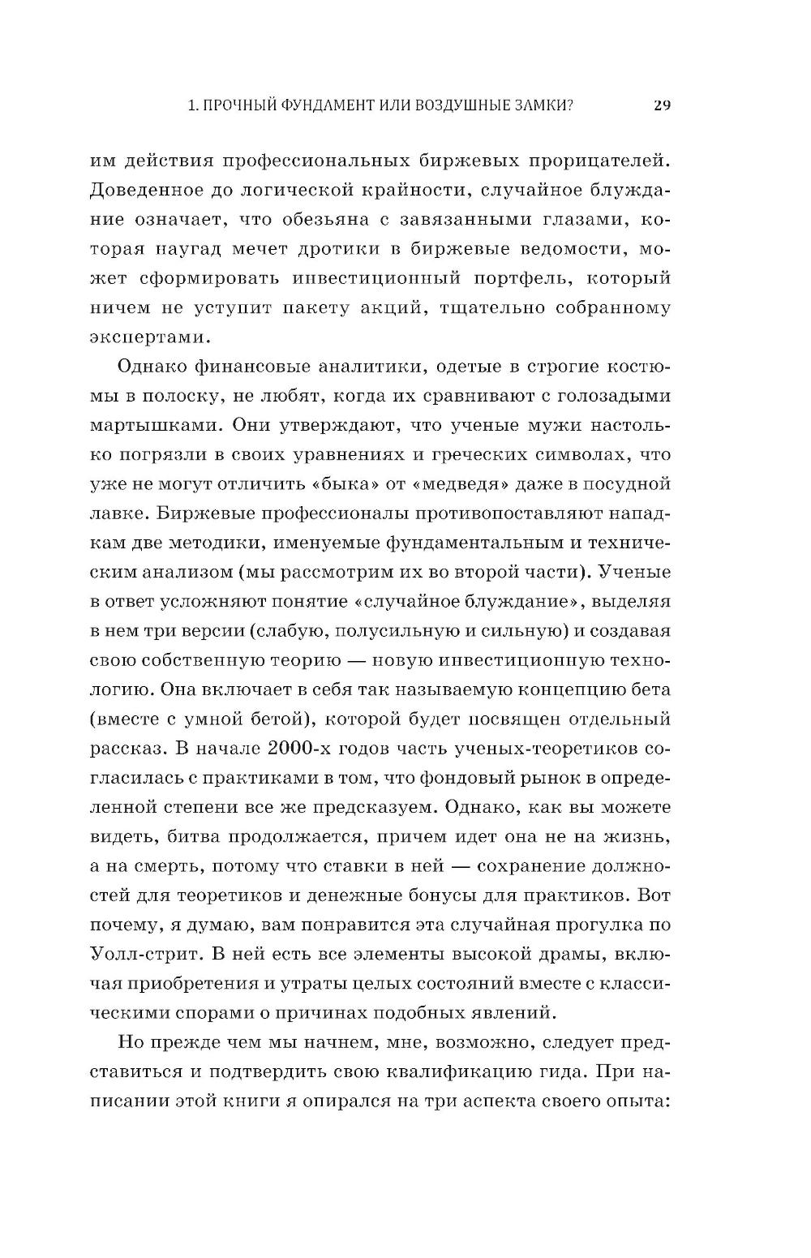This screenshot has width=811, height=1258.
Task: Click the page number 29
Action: tap(662, 105)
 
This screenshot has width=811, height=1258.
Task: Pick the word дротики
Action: tap(345, 249)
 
